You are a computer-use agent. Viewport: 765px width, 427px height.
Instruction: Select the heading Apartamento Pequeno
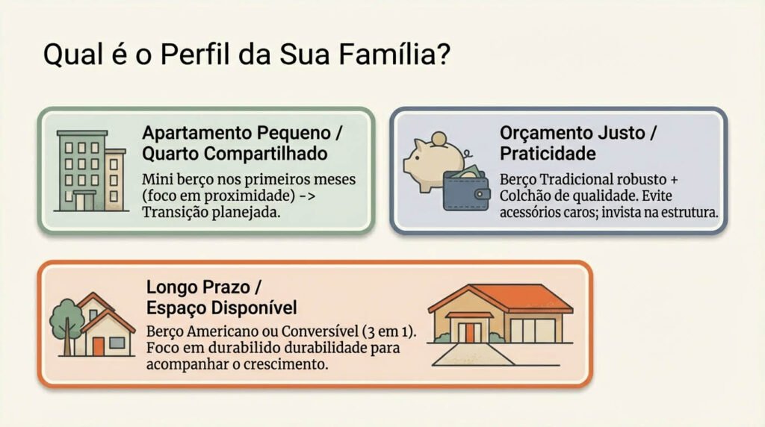236,133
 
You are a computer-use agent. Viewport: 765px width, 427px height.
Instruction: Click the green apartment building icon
90,171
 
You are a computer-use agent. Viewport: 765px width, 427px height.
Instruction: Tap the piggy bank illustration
433,160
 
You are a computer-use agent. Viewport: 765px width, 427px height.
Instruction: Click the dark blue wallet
466,190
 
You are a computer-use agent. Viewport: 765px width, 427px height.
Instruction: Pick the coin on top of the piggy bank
439,139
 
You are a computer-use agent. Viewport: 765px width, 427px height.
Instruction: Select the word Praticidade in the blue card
548,154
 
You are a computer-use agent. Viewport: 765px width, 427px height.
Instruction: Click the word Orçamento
543,133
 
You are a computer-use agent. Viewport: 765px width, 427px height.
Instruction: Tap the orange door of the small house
98,346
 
